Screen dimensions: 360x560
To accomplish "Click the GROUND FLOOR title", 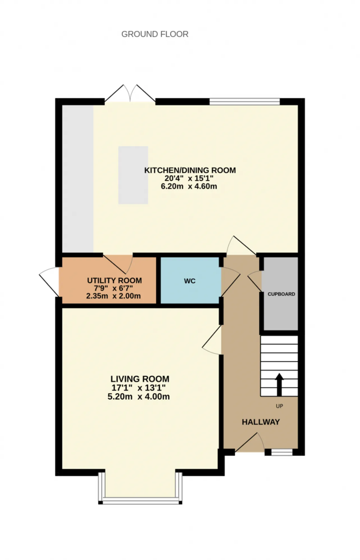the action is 155,34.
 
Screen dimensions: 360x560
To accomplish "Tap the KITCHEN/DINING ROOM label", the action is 190,170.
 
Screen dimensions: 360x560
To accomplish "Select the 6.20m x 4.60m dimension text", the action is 189,186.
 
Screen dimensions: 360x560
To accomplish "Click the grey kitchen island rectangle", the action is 133,175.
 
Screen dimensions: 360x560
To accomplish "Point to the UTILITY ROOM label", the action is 114,280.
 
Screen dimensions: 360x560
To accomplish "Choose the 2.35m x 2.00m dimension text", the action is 113,296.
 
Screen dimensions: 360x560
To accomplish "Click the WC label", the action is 190,281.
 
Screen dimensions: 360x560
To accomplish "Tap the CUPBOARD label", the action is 281,294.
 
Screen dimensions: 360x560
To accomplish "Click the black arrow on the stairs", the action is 279,385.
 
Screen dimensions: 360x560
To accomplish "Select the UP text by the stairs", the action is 279,406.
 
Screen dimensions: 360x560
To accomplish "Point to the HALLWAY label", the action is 261,422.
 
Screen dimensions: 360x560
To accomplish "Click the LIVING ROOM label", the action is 140,379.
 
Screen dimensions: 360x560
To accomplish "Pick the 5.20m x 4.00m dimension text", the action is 139,397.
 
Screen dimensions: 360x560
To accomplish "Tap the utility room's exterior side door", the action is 49,281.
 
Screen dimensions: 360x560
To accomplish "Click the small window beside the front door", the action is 282,452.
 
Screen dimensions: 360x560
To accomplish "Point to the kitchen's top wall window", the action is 245,101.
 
